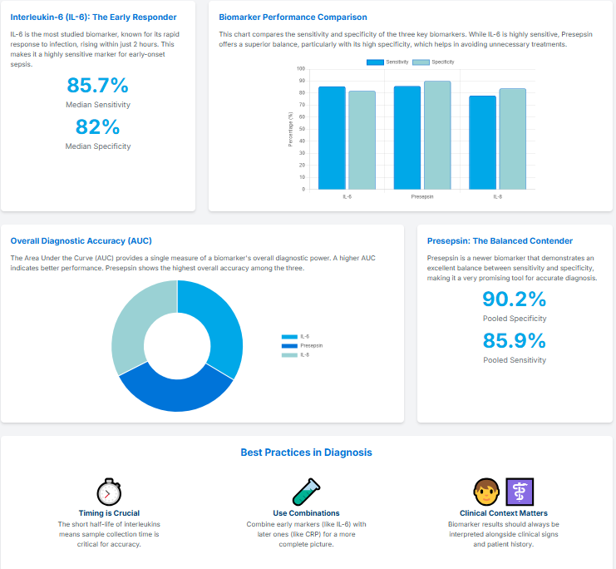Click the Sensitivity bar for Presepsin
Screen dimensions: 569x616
pos(407,137)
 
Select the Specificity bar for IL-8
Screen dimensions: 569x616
pos(512,138)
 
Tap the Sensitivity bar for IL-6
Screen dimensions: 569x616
pos(332,137)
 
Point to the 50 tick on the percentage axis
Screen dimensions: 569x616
pos(301,129)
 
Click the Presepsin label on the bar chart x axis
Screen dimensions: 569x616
pos(422,197)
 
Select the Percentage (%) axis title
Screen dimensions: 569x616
pos(290,129)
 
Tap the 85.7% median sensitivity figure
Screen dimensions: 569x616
pos(98,86)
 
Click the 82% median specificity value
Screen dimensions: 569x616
pos(98,127)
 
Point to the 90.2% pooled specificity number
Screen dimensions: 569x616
pos(515,299)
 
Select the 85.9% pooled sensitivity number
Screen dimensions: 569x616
pos(515,341)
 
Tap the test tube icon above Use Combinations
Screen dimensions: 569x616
pos(306,492)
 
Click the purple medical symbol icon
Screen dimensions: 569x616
pos(520,492)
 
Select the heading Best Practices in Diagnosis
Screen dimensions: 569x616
pos(306,453)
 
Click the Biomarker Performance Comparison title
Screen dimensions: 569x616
pos(293,17)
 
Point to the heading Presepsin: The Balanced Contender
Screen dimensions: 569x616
pos(500,240)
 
